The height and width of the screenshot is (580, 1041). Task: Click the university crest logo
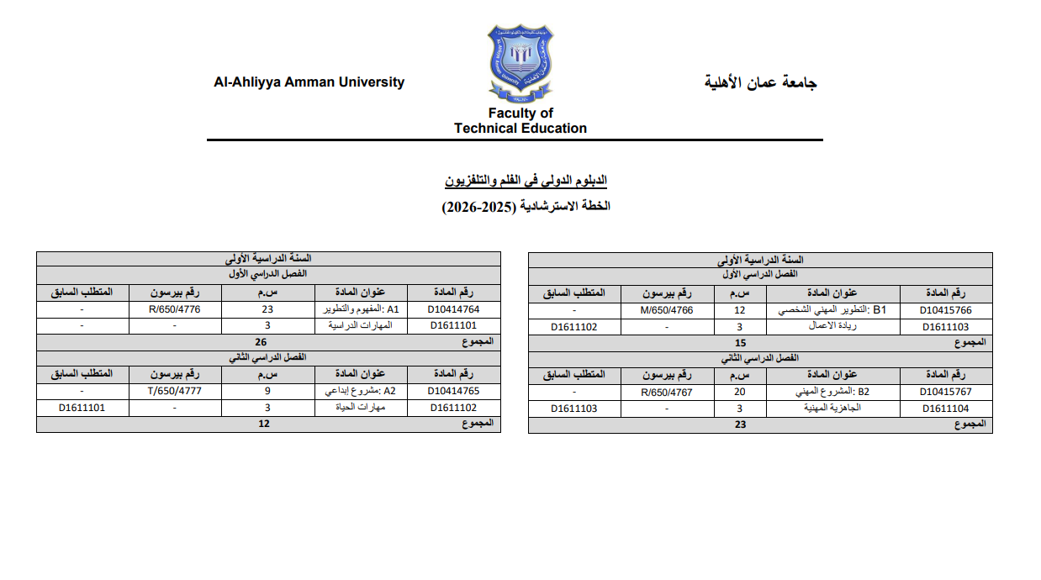click(521, 61)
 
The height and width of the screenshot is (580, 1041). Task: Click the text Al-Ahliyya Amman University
click(309, 82)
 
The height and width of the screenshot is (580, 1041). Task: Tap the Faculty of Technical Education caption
click(520, 121)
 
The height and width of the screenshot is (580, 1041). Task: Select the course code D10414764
click(453, 309)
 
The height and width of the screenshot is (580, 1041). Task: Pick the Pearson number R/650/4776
click(175, 309)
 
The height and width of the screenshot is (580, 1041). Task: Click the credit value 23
click(267, 309)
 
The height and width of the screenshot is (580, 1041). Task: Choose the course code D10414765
click(453, 391)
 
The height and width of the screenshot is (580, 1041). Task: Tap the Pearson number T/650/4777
click(175, 391)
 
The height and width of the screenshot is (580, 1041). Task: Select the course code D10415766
click(946, 310)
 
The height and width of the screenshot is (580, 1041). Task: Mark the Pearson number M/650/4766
click(667, 310)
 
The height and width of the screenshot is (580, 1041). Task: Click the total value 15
click(740, 343)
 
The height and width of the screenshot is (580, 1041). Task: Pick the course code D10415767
click(946, 392)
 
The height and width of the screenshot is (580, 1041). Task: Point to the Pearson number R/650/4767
click(667, 392)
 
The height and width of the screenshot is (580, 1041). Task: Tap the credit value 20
click(740, 392)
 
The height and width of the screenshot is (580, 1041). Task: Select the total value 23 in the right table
click(740, 424)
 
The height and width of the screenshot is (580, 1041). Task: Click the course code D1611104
click(946, 409)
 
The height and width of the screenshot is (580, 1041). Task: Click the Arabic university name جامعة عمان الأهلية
click(761, 82)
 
